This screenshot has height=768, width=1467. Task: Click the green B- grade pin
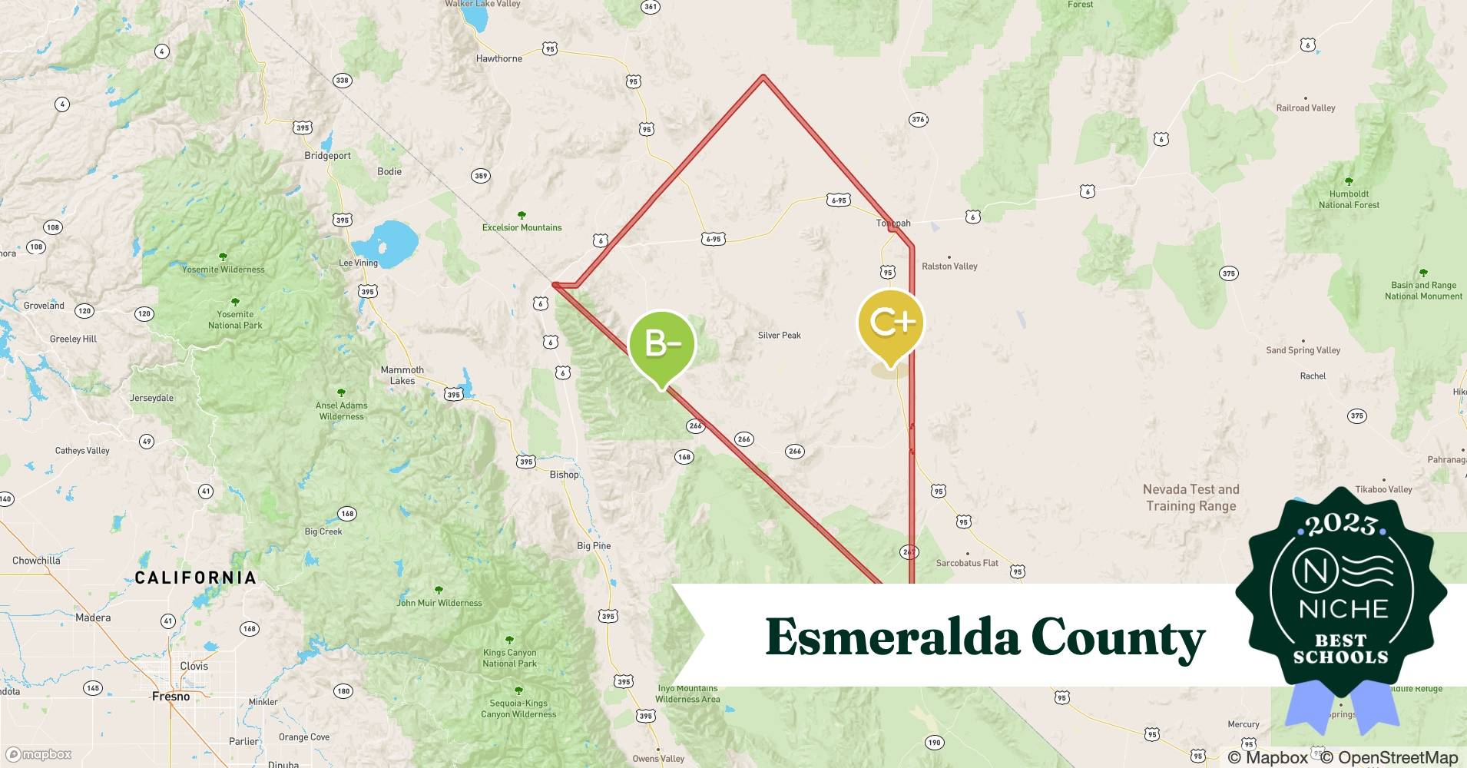coord(661,344)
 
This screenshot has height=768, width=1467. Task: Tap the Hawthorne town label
coord(498,58)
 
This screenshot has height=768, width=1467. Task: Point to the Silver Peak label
coord(779,335)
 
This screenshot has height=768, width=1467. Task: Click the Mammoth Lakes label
coord(402,375)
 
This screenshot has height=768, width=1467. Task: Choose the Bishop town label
coord(564,475)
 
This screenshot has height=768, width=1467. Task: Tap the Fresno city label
coord(171,697)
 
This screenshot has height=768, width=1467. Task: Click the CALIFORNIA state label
coord(195,578)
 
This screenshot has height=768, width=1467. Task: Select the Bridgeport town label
coord(327,155)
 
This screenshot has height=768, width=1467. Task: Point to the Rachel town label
coord(1313,376)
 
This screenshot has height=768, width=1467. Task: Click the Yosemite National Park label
coord(235,319)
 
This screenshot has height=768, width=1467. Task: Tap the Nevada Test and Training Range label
coord(1190,497)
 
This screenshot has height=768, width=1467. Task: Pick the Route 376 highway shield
coord(918,119)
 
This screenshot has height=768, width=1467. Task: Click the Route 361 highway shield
coord(651,6)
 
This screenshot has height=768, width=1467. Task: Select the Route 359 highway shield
coord(480,176)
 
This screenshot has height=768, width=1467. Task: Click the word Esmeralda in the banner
coord(891,637)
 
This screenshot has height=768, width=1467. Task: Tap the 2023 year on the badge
coord(1341,525)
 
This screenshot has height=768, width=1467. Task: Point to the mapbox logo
coord(39,754)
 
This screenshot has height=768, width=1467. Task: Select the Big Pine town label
coord(594,546)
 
